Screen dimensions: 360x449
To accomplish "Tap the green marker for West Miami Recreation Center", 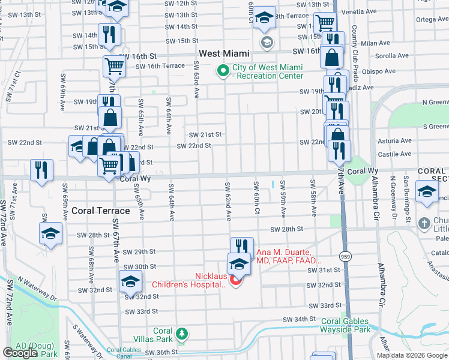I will coord(223,71).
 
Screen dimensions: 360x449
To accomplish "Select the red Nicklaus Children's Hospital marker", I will coord(235,280).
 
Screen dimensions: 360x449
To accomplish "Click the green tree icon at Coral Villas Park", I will coord(181,332).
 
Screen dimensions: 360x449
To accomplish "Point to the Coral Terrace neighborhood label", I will coord(101,211).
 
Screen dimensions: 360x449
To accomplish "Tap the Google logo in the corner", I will coord(20,353).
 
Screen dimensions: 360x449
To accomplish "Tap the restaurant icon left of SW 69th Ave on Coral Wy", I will coord(41,169).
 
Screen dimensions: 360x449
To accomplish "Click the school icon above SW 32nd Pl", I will coord(130,280).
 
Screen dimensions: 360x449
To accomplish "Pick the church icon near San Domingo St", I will coord(424,223).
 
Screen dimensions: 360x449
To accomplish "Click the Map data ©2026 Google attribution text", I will coord(411,355).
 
